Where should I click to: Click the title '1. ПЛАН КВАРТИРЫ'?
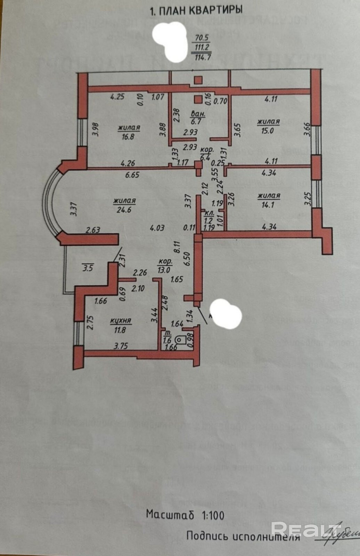click(x=196, y=10)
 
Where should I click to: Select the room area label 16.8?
click(x=128, y=137)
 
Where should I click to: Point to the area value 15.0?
click(x=268, y=131)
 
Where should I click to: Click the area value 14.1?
click(x=268, y=205)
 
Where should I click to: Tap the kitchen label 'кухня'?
click(x=121, y=321)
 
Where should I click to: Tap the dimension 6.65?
click(x=132, y=175)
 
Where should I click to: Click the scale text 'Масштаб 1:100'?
click(x=185, y=515)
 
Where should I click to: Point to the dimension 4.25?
click(x=117, y=97)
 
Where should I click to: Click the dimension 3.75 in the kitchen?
click(x=121, y=346)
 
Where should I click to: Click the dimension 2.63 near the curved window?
click(x=93, y=230)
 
